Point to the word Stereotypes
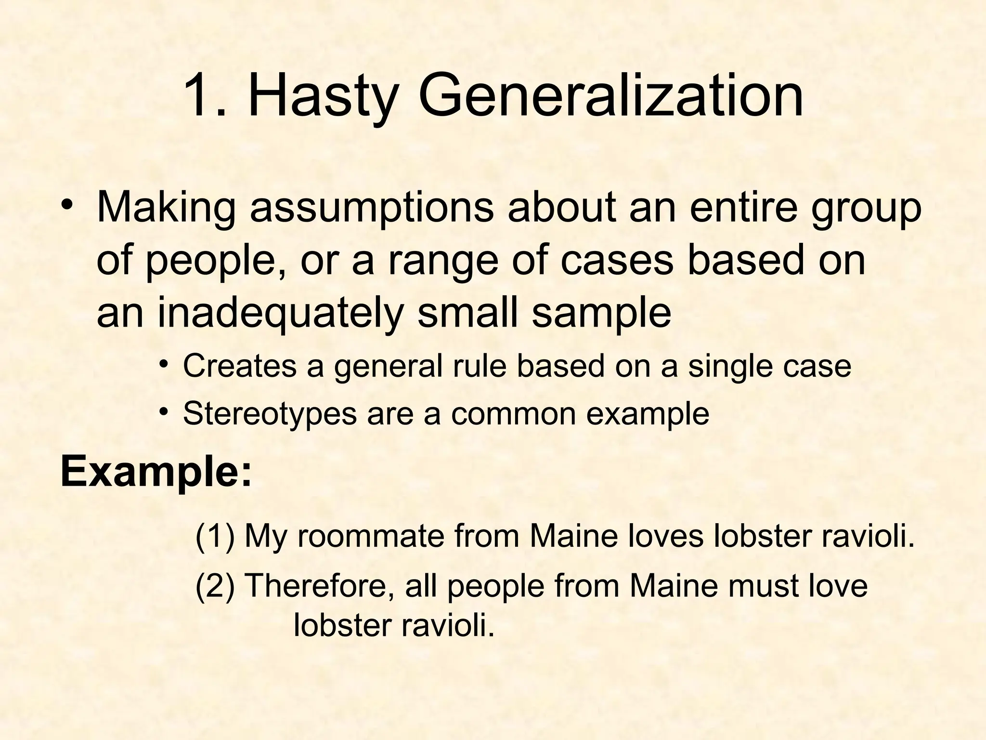pos(270,413)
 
